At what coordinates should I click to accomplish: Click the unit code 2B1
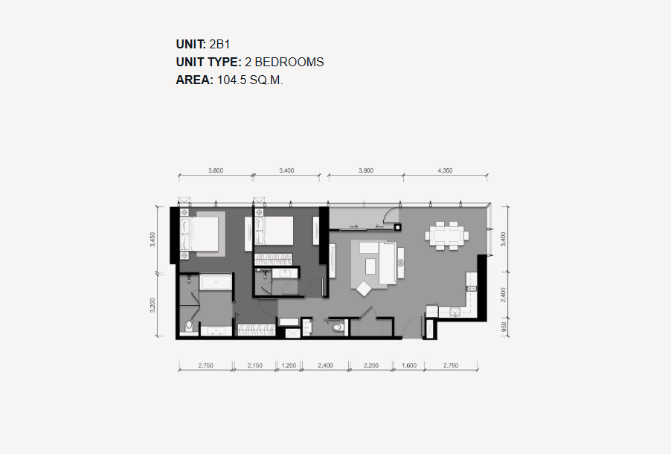(220, 44)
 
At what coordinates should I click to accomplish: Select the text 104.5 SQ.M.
(251, 80)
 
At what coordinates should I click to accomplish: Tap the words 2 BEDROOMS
(284, 62)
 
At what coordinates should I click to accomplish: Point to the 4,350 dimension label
(445, 170)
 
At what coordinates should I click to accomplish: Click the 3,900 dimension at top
(366, 170)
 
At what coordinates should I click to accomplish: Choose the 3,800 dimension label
(216, 170)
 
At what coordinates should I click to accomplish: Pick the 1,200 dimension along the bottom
(289, 365)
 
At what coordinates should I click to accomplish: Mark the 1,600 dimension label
(409, 365)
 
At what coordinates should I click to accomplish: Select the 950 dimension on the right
(504, 327)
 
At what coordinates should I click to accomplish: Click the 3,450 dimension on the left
(152, 240)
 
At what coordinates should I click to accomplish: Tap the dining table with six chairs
(447, 235)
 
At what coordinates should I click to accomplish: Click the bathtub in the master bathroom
(216, 282)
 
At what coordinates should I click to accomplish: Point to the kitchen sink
(455, 312)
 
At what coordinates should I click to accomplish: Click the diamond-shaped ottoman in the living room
(364, 288)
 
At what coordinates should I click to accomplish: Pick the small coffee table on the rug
(370, 266)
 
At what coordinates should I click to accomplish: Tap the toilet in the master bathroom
(188, 327)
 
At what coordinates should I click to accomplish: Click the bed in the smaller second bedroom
(274, 231)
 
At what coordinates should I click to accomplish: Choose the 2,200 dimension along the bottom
(371, 365)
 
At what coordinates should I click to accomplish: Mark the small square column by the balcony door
(398, 228)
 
